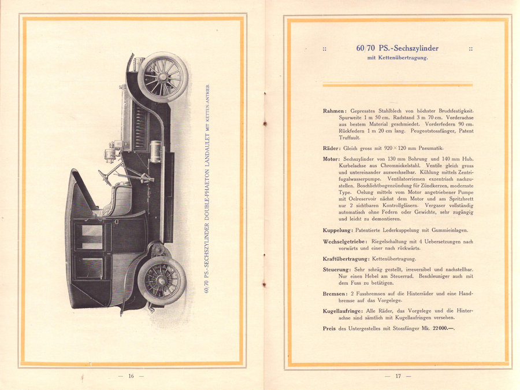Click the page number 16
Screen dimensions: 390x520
131,376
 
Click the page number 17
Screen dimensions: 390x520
398,376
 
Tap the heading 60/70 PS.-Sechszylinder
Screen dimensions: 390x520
397,48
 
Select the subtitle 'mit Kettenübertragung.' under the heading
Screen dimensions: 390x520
398,58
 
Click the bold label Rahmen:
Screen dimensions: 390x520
336,110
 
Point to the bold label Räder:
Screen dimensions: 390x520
333,149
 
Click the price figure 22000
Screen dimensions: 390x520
435,329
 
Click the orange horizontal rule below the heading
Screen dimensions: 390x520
398,85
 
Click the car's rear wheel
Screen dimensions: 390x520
162,280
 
